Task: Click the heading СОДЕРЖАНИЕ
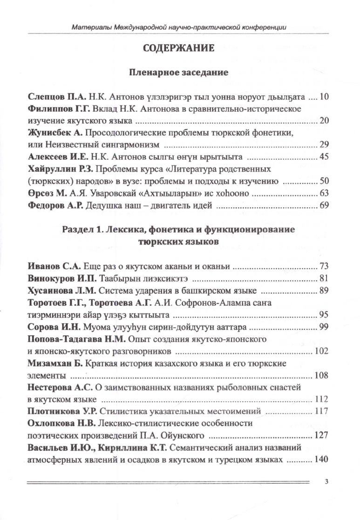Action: (x=179, y=48)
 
